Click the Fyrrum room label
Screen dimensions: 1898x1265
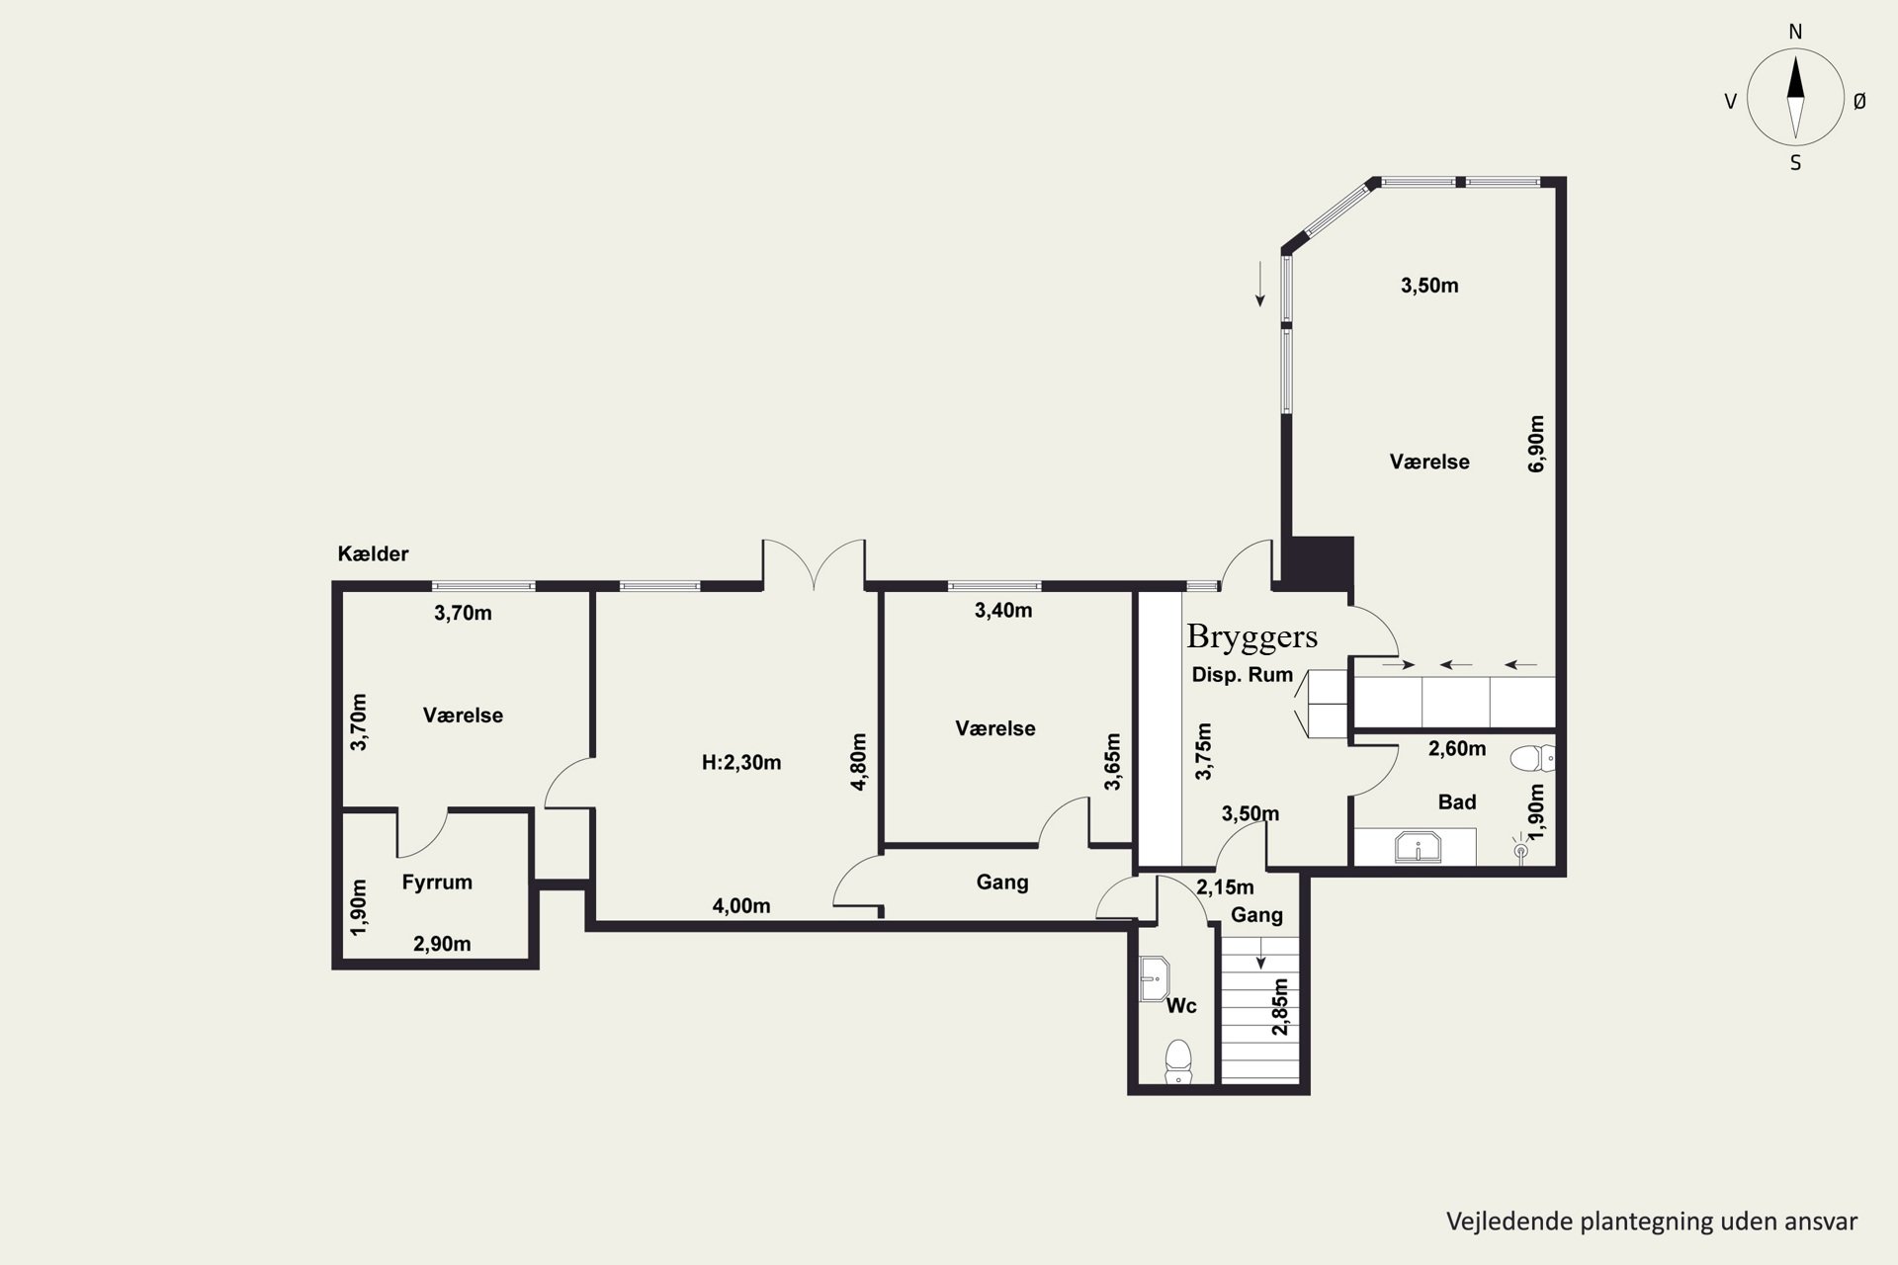pos(437,883)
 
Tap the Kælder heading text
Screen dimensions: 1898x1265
pos(373,553)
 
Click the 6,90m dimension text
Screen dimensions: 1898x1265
pos(1536,444)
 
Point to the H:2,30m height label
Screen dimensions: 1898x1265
pos(741,762)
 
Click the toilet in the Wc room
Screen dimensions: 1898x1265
pos(1177,1061)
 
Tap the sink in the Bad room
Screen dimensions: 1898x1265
pos(1418,848)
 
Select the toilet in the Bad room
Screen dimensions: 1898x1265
pos(1532,758)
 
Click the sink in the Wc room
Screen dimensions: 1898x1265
pos(1154,978)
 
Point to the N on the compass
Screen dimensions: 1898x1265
pos(1796,32)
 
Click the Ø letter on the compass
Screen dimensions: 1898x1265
pos(1859,101)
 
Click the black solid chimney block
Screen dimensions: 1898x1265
pos(1318,563)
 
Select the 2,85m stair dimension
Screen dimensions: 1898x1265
pos(1280,1007)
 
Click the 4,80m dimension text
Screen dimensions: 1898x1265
pos(858,761)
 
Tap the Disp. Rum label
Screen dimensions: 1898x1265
pos(1243,675)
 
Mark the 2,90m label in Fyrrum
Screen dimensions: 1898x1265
pos(442,944)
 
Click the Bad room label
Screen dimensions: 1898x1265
pos(1457,801)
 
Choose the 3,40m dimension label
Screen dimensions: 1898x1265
pos(1003,611)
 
